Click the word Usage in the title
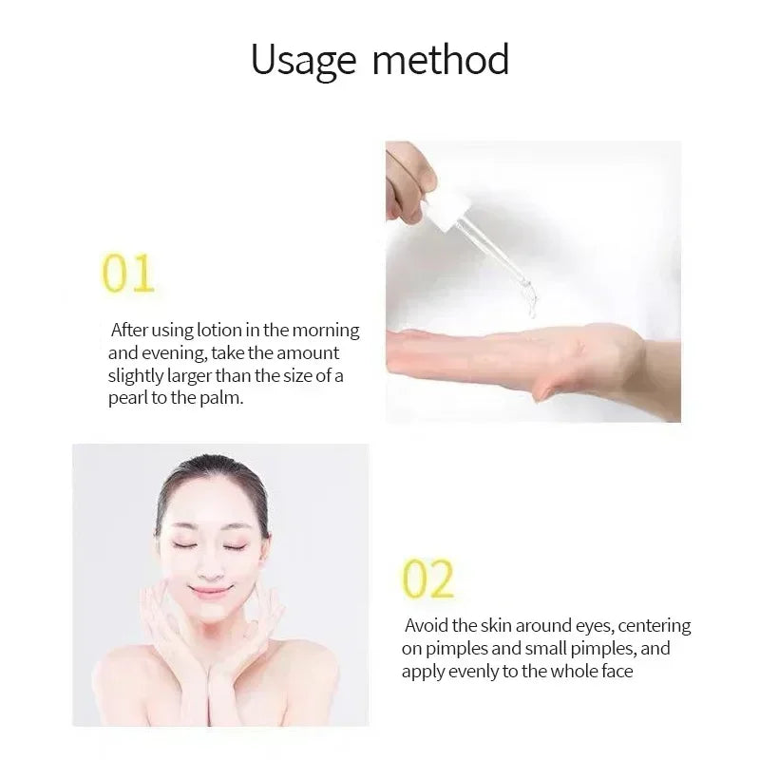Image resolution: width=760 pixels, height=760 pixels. click(x=303, y=61)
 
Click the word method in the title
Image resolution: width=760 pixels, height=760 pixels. click(x=441, y=59)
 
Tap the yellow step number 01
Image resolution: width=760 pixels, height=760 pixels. click(x=128, y=275)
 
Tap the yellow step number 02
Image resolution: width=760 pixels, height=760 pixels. click(x=428, y=579)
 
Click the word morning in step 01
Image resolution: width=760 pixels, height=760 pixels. click(x=327, y=331)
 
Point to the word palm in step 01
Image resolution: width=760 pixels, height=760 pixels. click(x=224, y=398)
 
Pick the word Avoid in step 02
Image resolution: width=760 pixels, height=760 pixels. click(x=427, y=626)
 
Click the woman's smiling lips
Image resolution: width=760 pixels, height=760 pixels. click(x=210, y=590)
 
